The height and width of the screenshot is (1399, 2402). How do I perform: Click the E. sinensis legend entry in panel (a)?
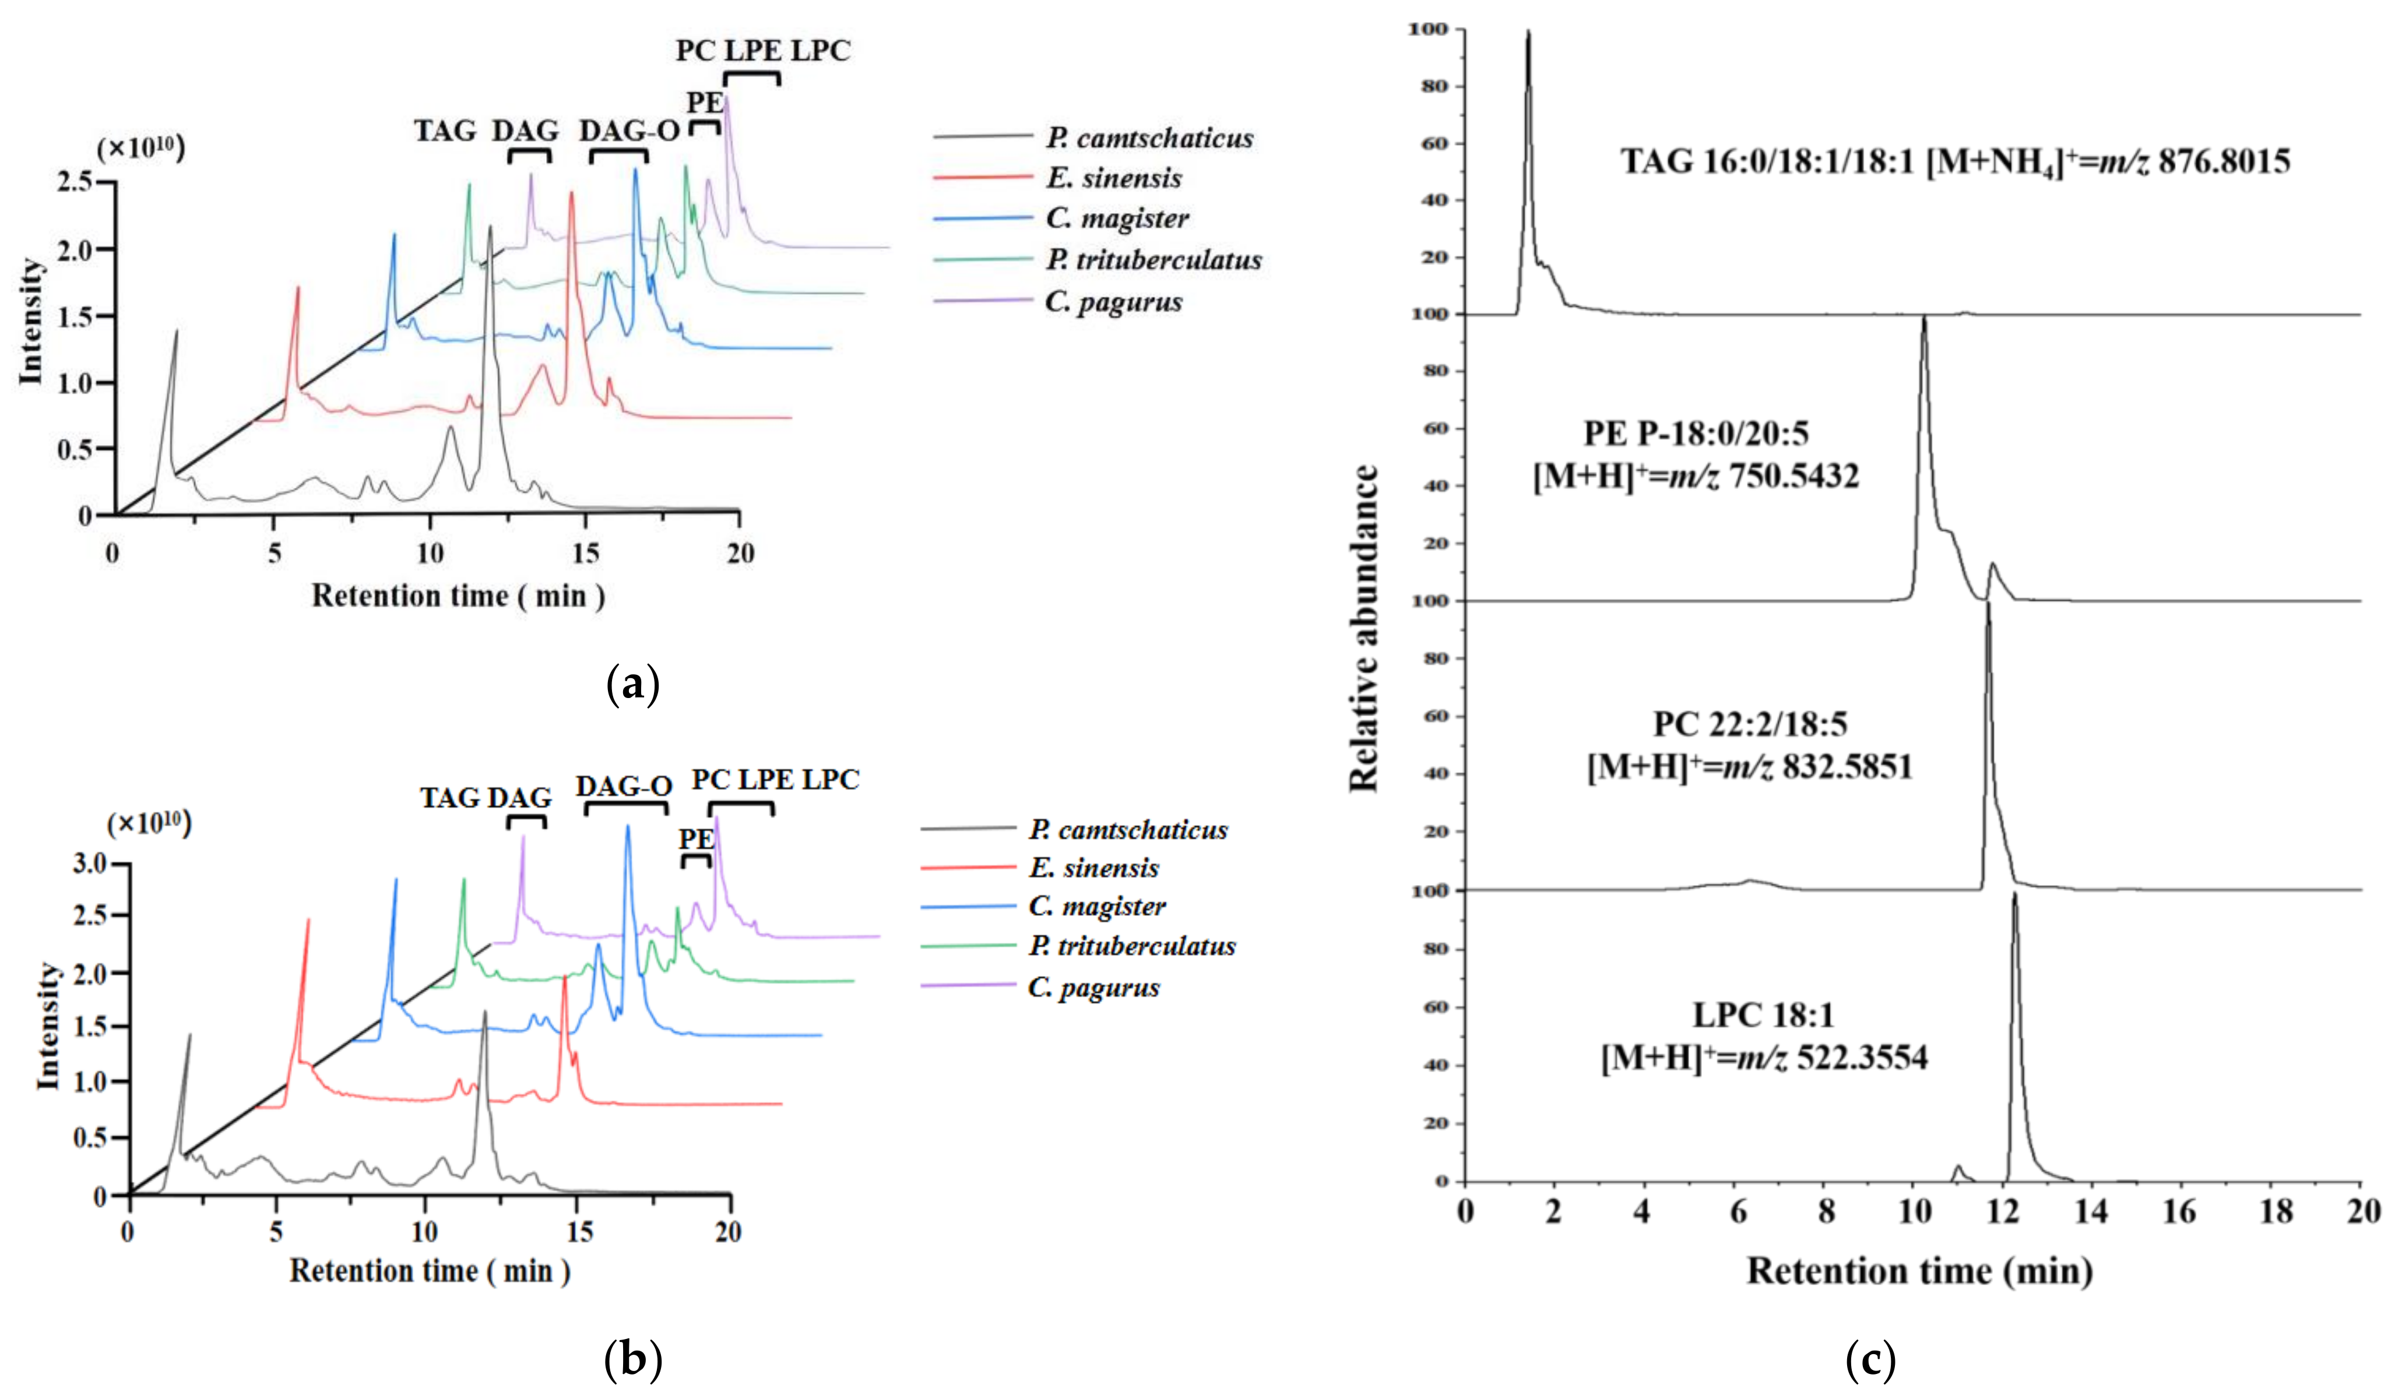point(1113,178)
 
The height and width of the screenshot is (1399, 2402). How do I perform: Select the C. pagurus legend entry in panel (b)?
point(1093,987)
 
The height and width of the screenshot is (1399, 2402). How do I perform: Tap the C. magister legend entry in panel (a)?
point(1117,219)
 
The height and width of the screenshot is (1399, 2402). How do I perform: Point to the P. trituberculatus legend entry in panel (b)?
point(1131,946)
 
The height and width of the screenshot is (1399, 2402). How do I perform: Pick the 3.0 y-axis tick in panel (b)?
point(90,864)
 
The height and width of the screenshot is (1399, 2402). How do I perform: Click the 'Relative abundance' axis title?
point(1364,629)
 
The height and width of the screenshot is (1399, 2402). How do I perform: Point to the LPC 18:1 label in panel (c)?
point(1763,1015)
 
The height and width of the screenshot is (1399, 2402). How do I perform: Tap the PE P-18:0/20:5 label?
point(1696,434)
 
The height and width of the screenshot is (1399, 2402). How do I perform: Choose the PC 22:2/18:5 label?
point(1750,724)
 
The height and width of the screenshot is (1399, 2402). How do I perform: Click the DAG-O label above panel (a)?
point(629,131)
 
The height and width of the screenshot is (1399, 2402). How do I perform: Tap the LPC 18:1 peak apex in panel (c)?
point(2015,894)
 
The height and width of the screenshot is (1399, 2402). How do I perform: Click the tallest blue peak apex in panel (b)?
point(627,826)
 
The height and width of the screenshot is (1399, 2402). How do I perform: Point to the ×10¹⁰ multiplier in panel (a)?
point(141,149)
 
